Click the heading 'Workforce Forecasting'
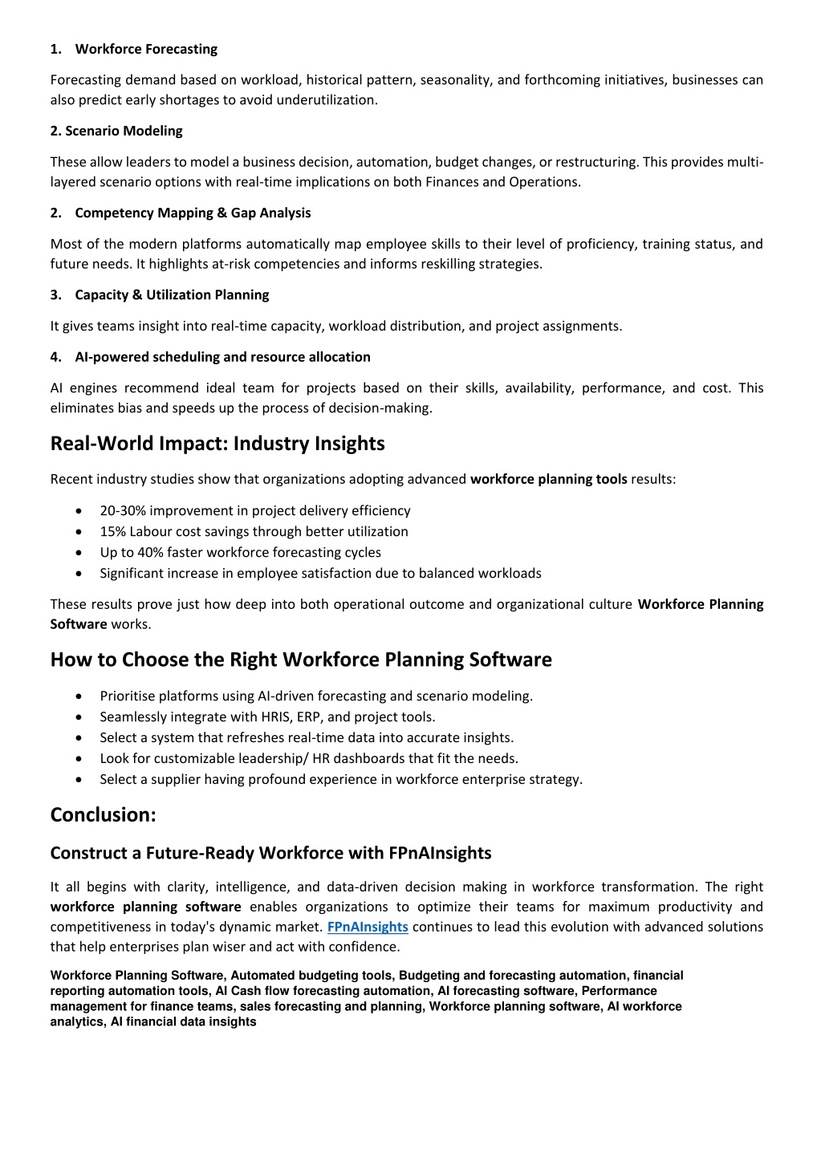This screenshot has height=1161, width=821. [146, 49]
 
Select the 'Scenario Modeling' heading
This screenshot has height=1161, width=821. [116, 131]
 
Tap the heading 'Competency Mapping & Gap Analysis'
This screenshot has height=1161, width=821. [193, 213]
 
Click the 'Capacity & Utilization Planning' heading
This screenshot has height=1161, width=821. [172, 294]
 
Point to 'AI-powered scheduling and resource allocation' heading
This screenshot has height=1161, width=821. [222, 357]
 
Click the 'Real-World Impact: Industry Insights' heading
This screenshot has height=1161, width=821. [217, 444]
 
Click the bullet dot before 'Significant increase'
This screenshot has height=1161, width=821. [78, 574]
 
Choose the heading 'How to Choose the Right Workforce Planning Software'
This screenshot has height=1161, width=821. [301, 660]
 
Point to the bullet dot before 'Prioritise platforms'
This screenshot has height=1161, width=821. [78, 696]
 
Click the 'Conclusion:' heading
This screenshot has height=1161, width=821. [103, 814]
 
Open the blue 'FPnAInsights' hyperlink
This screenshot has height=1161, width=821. [368, 927]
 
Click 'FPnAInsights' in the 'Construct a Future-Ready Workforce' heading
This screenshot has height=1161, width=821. [440, 853]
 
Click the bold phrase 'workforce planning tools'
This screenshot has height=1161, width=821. [549, 480]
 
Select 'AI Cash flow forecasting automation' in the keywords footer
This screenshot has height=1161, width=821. [323, 991]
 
